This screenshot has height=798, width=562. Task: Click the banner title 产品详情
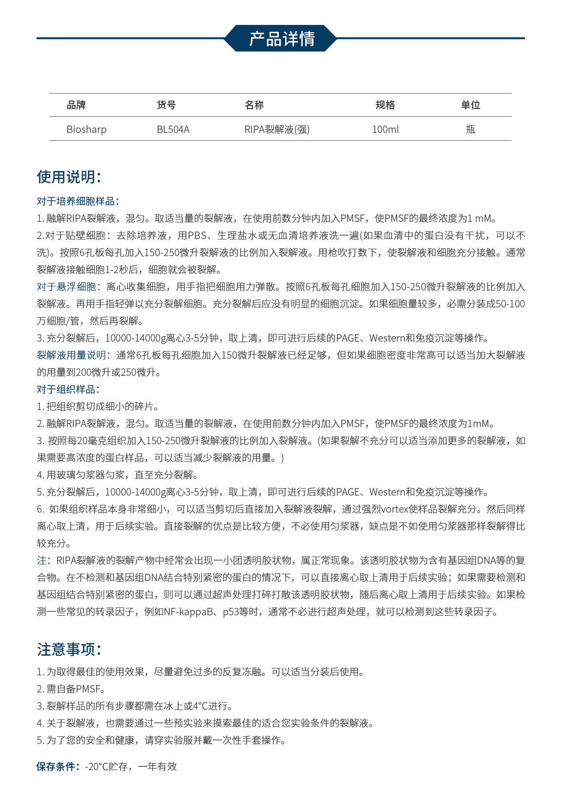282,39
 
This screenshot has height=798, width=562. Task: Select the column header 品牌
76,105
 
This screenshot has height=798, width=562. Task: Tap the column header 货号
166,105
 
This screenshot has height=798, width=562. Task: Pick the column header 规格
385,105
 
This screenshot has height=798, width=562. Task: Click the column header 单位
470,105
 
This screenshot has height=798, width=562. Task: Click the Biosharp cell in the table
86,129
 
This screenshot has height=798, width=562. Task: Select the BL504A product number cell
173,129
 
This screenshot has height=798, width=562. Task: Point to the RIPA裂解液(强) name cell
277,129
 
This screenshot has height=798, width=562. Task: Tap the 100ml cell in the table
385,129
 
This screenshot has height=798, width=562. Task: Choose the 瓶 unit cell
470,129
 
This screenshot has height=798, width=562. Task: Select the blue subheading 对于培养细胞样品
77,201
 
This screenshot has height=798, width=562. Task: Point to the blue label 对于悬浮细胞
67,287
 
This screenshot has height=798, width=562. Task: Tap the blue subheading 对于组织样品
67,389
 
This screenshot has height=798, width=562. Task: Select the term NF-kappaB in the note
189,612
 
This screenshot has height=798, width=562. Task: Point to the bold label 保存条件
58,767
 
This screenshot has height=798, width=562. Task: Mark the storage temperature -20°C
96,767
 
